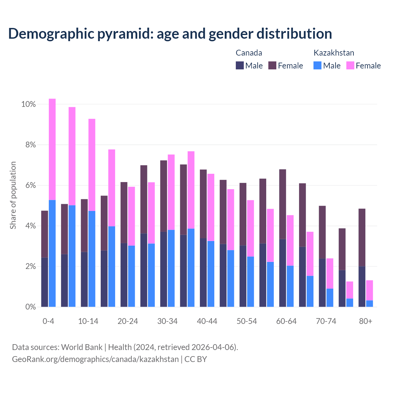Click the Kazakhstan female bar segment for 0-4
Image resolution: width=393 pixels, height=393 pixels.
pyautogui.click(x=52, y=149)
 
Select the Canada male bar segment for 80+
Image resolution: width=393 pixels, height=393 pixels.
pyautogui.click(x=362, y=286)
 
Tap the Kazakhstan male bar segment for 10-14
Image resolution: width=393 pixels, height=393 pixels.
pyautogui.click(x=92, y=259)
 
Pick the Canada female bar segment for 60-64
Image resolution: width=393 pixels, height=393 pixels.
pyautogui.click(x=282, y=204)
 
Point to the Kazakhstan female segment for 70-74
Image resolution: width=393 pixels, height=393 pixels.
pyautogui.click(x=330, y=274)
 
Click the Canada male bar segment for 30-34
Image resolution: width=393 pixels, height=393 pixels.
pyautogui.click(x=164, y=269)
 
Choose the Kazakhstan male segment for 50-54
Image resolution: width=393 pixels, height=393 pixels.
pyautogui.click(x=251, y=282)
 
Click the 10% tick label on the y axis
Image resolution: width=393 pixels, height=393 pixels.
pyautogui.click(x=29, y=104)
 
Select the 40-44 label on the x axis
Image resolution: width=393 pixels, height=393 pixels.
pyautogui.click(x=207, y=321)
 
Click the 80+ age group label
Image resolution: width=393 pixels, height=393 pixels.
pyautogui.click(x=366, y=321)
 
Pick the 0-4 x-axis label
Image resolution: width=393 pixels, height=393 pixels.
pyautogui.click(x=49, y=321)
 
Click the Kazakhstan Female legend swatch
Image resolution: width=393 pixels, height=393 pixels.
pyautogui.click(x=350, y=65)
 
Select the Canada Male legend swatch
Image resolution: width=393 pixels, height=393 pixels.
pyautogui.click(x=240, y=65)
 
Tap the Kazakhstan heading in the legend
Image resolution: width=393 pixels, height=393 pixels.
pyautogui.click(x=334, y=53)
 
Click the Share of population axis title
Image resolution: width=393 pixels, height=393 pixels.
pyautogui.click(x=13, y=195)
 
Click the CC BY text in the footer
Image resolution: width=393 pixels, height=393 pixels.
pyautogui.click(x=196, y=359)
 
